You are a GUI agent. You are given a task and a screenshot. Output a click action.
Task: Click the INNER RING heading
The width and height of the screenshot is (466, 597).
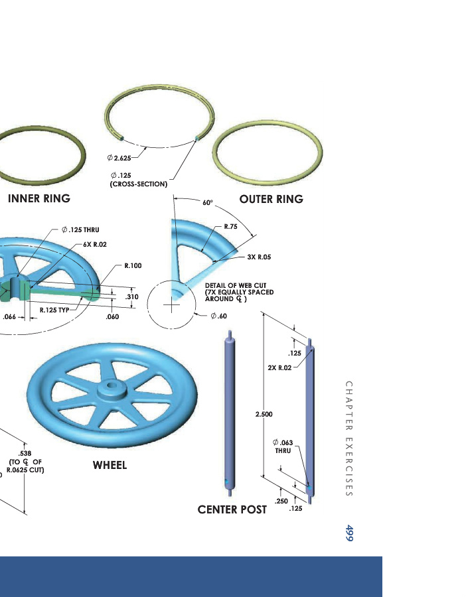pyautogui.click(x=39, y=198)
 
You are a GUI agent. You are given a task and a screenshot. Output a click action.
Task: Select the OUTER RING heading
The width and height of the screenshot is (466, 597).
pyautogui.click(x=272, y=199)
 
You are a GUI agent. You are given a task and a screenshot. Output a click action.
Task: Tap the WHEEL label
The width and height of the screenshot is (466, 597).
pyautogui.click(x=110, y=466)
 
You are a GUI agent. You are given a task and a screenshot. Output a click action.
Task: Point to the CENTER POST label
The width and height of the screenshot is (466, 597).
pyautogui.click(x=232, y=509)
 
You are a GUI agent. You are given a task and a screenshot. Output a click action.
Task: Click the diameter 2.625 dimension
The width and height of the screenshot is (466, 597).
pyautogui.click(x=120, y=159)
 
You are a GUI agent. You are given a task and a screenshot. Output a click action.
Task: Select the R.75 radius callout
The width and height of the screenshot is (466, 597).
pyautogui.click(x=231, y=227)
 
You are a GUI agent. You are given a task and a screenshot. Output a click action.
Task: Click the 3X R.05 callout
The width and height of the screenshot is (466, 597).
pyautogui.click(x=260, y=256)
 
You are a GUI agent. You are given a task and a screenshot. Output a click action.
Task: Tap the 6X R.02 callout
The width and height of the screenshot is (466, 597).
pyautogui.click(x=96, y=244)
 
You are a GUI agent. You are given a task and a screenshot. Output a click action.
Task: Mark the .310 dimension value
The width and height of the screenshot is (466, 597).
pyautogui.click(x=132, y=297)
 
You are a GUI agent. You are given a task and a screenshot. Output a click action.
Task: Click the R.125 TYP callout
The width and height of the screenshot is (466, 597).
pyautogui.click(x=55, y=310)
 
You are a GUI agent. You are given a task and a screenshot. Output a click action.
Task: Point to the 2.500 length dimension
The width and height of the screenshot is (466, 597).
pyautogui.click(x=264, y=414)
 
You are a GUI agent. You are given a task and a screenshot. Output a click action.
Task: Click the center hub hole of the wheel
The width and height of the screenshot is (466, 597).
pyautogui.click(x=112, y=385)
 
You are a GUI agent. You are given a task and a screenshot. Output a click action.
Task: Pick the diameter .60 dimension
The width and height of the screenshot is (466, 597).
pyautogui.click(x=218, y=316)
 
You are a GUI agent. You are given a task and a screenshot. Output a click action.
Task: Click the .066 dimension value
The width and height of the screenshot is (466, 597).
pyautogui.click(x=9, y=317)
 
